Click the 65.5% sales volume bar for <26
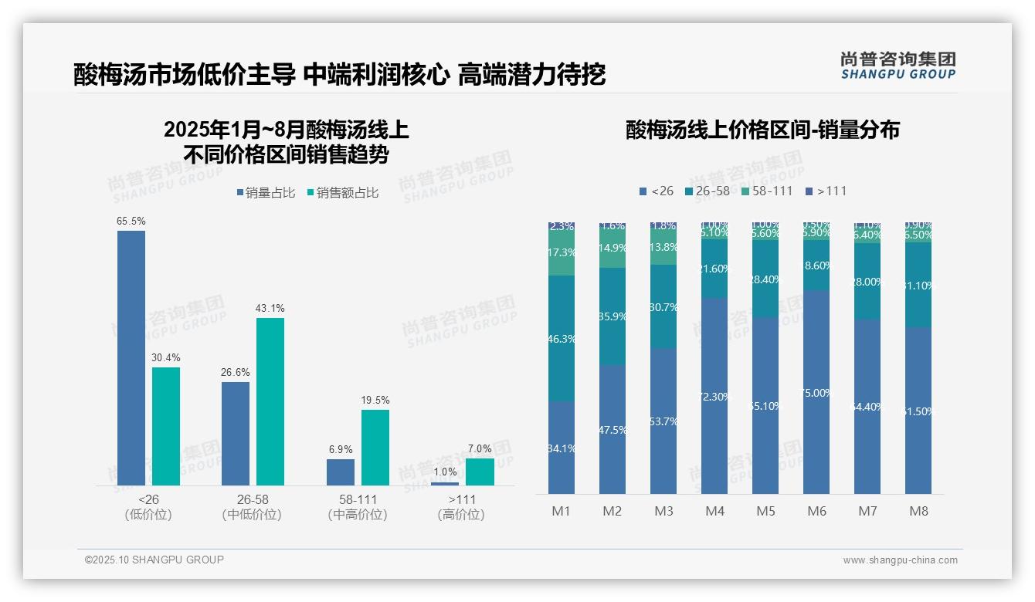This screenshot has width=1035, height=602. pyautogui.click(x=131, y=357)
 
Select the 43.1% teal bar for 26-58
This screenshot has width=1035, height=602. pyautogui.click(x=270, y=401)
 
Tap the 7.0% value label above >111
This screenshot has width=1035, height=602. pyautogui.click(x=480, y=449)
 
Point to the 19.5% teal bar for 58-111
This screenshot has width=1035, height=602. pyautogui.click(x=375, y=448)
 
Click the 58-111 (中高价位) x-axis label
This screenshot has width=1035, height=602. pyautogui.click(x=358, y=507)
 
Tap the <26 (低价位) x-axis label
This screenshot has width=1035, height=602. pyautogui.click(x=148, y=507)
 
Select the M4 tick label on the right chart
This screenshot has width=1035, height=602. pyautogui.click(x=714, y=511)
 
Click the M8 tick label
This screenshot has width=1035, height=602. pyautogui.click(x=918, y=511)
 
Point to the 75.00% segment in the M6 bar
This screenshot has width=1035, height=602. pyautogui.click(x=816, y=392)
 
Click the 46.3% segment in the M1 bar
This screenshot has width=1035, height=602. pyautogui.click(x=562, y=338)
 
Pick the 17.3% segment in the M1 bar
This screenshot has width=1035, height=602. pyautogui.click(x=562, y=253)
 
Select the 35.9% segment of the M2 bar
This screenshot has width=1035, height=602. pyautogui.click(x=613, y=316)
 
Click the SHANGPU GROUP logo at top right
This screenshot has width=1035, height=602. pyautogui.click(x=898, y=66)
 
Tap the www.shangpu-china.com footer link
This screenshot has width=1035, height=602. pyautogui.click(x=900, y=560)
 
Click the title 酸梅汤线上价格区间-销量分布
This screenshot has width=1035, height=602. pyautogui.click(x=762, y=130)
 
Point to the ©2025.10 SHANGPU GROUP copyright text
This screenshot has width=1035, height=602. pyautogui.click(x=154, y=560)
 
